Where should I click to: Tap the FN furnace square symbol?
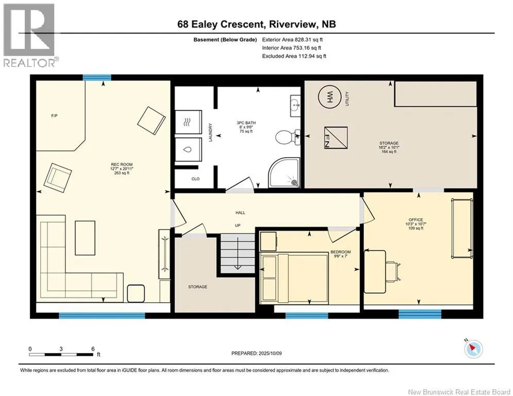point(336,138)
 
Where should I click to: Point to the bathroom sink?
point(295,106)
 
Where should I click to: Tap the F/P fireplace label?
point(55,115)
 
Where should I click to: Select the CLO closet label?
point(195,179)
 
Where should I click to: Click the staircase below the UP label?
point(238,253)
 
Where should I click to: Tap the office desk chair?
point(393,272)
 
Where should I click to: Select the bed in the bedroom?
point(294,277)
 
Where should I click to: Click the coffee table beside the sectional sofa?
point(85,238)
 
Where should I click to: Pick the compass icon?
point(473,349)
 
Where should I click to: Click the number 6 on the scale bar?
point(93,349)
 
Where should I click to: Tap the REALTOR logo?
point(30,35)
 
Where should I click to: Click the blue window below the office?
point(420,314)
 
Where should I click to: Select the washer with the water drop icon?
point(188,150)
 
